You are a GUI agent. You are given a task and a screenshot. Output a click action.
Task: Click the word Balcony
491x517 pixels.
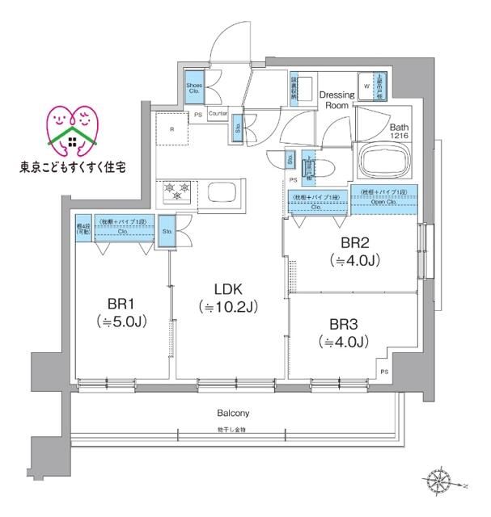[231, 413]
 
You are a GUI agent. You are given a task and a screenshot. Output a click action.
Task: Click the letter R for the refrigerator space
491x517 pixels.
[171, 128]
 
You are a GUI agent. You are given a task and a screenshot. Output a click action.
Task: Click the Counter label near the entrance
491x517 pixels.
[217, 114]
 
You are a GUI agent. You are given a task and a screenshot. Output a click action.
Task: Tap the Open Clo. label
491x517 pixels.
[383, 202]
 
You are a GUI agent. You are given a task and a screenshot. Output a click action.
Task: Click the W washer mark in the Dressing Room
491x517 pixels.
[366, 85]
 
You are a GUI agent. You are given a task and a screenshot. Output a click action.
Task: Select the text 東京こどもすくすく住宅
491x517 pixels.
[73, 168]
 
